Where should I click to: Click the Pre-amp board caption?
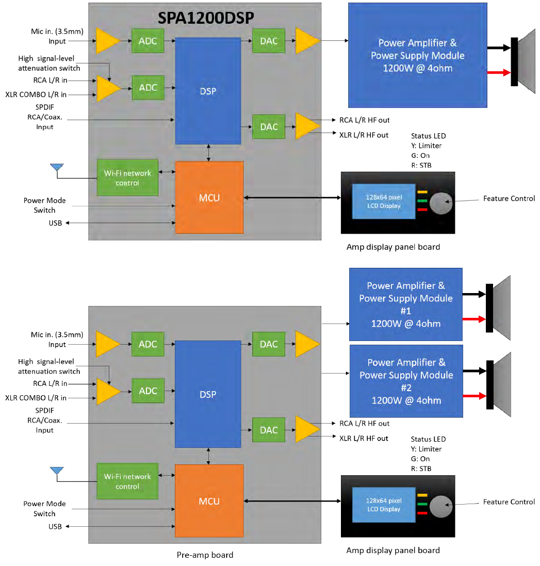pos(205,555)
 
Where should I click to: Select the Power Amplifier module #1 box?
pos(405,304)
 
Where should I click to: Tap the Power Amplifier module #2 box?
pos(405,381)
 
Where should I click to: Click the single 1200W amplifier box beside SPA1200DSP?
pos(417,55)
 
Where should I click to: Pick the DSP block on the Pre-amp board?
pos(208,394)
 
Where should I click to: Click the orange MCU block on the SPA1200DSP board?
pos(209,198)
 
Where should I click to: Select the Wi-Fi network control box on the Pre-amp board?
pos(127,481)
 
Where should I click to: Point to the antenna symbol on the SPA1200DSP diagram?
pos(57,167)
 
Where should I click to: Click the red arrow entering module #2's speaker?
pos(474,396)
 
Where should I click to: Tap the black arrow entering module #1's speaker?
pos(474,295)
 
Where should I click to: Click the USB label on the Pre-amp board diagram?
pos(55,526)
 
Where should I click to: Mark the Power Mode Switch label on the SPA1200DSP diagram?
pos(44,205)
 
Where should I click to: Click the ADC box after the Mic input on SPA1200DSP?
pos(148,41)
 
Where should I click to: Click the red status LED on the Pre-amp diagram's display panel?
pos(423,513)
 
